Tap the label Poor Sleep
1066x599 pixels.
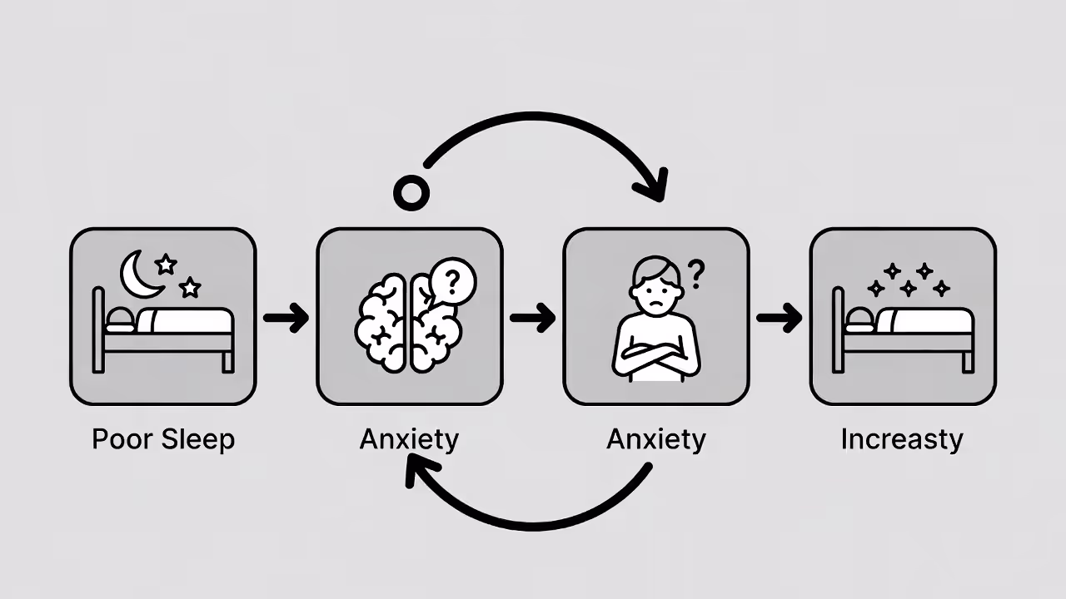(x=163, y=439)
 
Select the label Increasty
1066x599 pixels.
(x=902, y=439)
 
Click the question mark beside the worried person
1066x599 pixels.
(x=696, y=271)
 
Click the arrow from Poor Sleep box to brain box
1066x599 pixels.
(x=286, y=318)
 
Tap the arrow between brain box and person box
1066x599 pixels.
(x=532, y=318)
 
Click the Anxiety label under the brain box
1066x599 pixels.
(x=409, y=439)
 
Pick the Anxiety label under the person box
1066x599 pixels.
(x=655, y=439)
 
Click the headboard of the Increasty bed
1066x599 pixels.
(x=838, y=329)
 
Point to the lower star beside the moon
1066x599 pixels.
(x=191, y=288)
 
